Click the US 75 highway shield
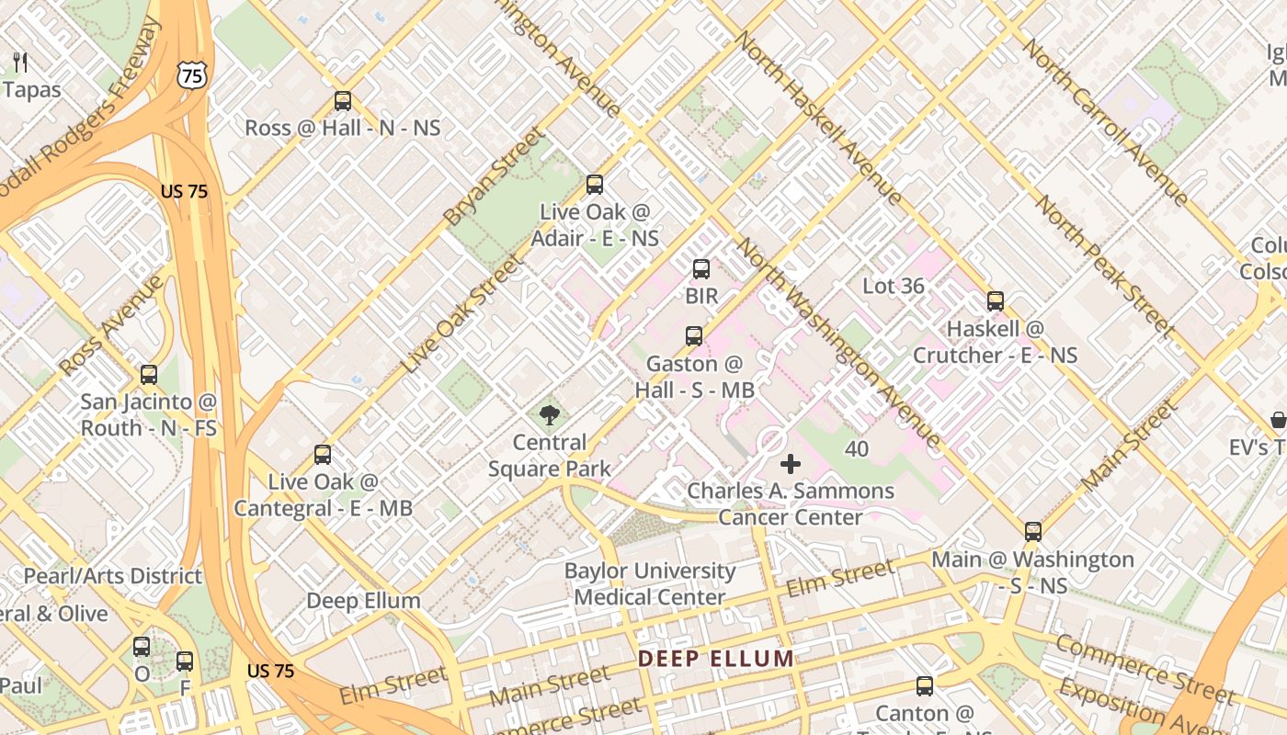click(193, 75)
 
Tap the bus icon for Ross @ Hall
click(343, 101)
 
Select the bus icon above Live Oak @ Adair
click(595, 185)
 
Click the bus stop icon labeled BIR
click(701, 269)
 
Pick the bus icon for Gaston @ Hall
click(694, 336)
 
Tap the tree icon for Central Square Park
click(550, 415)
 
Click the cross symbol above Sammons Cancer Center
click(791, 464)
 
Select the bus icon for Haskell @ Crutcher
click(996, 301)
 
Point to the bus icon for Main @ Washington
click(1033, 532)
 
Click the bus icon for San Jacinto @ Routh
click(149, 375)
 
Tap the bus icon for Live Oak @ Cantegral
click(323, 455)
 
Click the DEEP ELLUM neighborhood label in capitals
click(716, 659)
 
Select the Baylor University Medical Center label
click(650, 583)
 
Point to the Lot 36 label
click(893, 286)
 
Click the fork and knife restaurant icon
click(21, 62)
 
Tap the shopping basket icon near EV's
click(1278, 421)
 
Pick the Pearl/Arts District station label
click(112, 576)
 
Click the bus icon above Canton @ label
click(925, 686)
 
